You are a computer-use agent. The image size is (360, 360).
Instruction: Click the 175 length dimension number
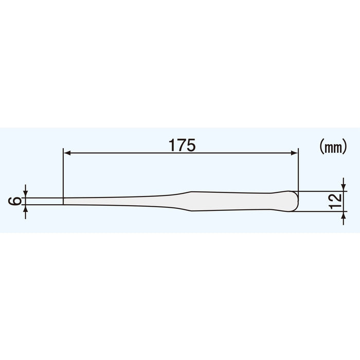182,146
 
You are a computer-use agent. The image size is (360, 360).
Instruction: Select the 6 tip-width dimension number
16,201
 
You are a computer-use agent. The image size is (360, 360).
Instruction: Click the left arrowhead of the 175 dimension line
66,152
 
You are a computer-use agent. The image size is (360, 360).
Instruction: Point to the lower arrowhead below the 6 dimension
25,208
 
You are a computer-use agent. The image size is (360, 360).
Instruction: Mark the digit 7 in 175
182,146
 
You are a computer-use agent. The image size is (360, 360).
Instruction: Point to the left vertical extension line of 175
62,175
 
